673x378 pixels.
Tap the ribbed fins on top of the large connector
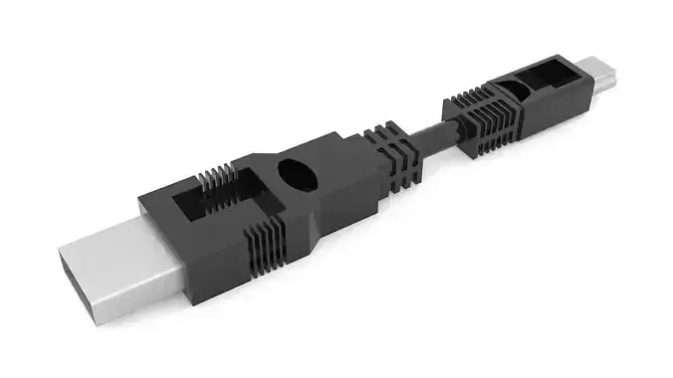point(220,179)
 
